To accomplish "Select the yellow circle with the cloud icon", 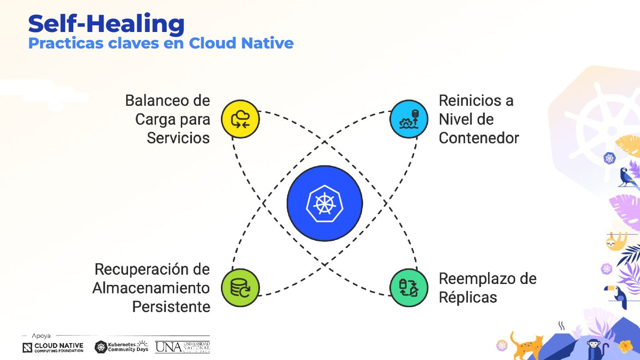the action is pyautogui.click(x=240, y=119).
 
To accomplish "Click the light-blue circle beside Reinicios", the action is pyautogui.click(x=409, y=119).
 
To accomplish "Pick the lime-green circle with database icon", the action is pyautogui.click(x=240, y=288).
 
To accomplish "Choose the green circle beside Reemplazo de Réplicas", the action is pyautogui.click(x=409, y=288).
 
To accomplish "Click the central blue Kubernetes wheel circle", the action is pyautogui.click(x=324, y=203).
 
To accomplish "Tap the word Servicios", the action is pyautogui.click(x=178, y=138).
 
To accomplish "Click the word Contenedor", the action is pyautogui.click(x=479, y=138).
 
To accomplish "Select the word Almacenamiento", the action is pyautogui.click(x=151, y=288).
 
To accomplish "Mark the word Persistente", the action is pyautogui.click(x=171, y=307).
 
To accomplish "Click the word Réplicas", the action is pyautogui.click(x=468, y=297).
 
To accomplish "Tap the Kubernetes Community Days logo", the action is pyautogui.click(x=121, y=347).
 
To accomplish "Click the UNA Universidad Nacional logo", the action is pyautogui.click(x=182, y=347).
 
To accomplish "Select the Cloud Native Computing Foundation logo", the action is pyautogui.click(x=53, y=347).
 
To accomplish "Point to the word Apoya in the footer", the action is pyautogui.click(x=41, y=336).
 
